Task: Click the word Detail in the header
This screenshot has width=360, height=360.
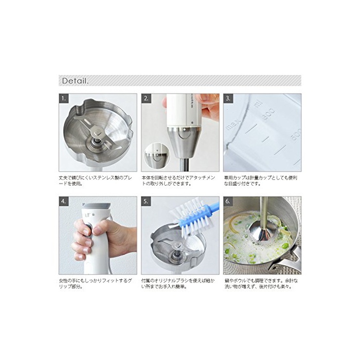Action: click(x=75, y=81)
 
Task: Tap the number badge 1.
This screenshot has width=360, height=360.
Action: click(x=64, y=99)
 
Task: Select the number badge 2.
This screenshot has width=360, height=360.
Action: click(x=146, y=99)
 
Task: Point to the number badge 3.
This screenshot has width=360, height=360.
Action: click(x=228, y=99)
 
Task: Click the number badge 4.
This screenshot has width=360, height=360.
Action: click(x=64, y=202)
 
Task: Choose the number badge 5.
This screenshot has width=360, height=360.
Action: click(x=146, y=202)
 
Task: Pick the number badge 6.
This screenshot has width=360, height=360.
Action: click(x=228, y=202)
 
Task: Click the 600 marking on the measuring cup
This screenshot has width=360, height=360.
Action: click(x=268, y=114)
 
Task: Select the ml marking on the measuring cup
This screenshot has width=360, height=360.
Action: click(x=258, y=105)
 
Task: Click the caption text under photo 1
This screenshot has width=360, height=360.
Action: click(x=96, y=181)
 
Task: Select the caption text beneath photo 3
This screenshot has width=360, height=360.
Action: click(x=261, y=181)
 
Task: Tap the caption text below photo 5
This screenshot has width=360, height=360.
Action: click(x=178, y=283)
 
